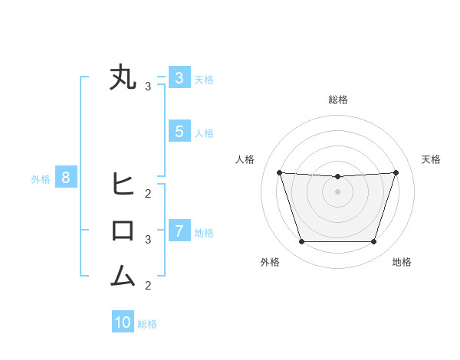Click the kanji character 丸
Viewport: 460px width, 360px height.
[123, 78]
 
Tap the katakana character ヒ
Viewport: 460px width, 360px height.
[123, 184]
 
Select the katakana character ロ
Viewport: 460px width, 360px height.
[123, 231]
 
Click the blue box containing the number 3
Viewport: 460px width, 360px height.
[179, 77]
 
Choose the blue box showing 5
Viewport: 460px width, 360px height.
[179, 131]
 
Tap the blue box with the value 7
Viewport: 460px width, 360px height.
[179, 231]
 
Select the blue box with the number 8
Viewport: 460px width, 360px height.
[66, 178]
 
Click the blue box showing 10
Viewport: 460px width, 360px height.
[123, 322]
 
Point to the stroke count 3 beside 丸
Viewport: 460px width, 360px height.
[148, 87]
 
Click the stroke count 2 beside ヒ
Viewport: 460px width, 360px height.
[148, 192]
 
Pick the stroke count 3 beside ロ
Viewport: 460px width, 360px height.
[148, 239]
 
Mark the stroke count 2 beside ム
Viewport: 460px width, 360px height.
[148, 286]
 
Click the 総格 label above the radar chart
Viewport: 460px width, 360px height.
[337, 100]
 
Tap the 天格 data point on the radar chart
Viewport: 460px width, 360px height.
[396, 172]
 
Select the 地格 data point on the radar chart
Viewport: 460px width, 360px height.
[373, 242]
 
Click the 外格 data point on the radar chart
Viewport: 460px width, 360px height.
[301, 242]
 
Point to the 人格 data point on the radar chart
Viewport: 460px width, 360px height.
[279, 172]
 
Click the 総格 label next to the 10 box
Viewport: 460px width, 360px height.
[147, 324]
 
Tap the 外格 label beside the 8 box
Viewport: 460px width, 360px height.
[41, 179]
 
